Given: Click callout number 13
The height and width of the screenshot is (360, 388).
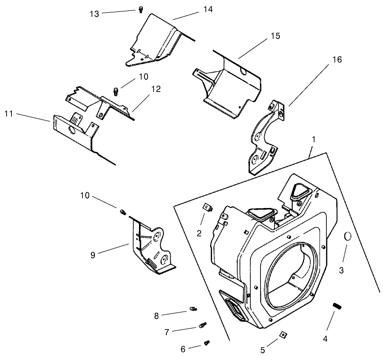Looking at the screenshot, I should click(x=94, y=14).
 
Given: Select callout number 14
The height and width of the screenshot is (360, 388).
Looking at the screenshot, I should click(x=208, y=9).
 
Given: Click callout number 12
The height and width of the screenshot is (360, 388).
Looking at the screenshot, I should click(x=156, y=89).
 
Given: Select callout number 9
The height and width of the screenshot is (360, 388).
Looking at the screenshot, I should click(x=92, y=255).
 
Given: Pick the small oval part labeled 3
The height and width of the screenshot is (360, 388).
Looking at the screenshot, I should click(x=347, y=236).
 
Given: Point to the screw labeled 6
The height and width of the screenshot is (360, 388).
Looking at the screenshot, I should click(x=207, y=342).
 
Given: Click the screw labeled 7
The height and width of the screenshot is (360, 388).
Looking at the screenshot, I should click(x=203, y=326).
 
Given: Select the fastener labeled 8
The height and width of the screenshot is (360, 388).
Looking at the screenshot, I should click(x=193, y=309).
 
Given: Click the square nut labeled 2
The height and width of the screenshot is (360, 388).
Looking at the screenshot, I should click(x=207, y=207).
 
